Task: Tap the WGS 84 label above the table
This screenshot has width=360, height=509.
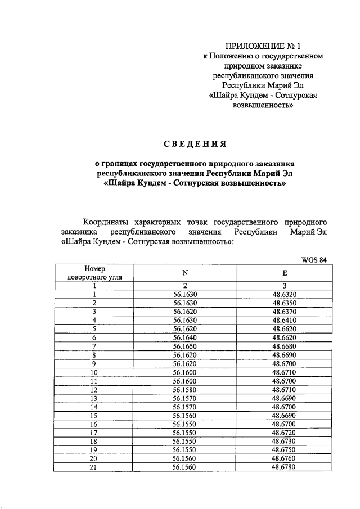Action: click(314, 260)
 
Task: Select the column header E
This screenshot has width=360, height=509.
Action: click(285, 273)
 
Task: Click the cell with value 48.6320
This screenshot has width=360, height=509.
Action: click(285, 294)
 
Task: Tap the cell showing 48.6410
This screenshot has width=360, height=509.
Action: click(285, 319)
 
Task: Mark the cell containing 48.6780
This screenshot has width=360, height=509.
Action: click(285, 466)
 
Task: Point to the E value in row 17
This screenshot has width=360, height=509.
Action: click(285, 432)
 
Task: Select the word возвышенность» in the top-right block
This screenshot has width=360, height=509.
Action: click(263, 105)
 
